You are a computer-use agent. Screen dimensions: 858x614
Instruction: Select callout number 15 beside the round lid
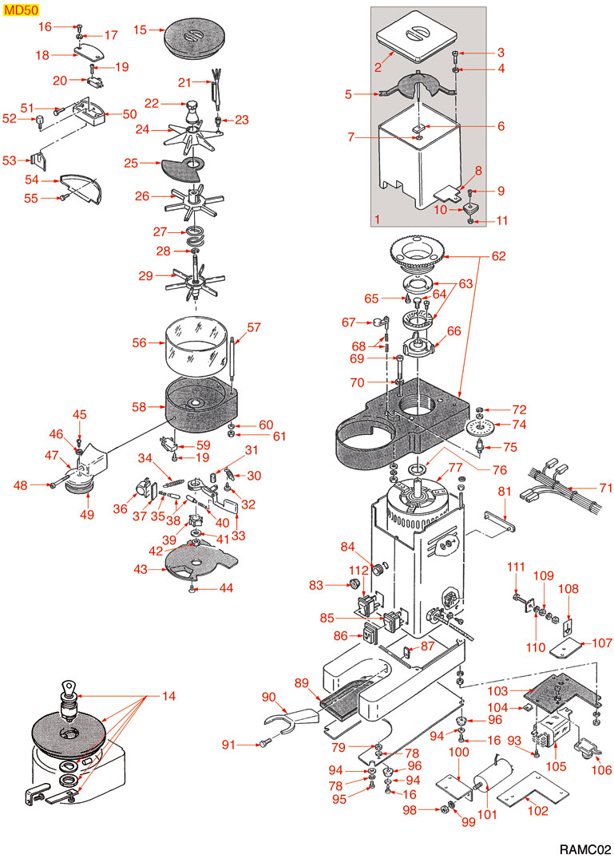pyautogui.click(x=140, y=30)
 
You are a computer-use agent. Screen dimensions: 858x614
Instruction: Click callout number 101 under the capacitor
pyautogui.click(x=486, y=815)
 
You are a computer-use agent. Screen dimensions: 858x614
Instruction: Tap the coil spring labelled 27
pyautogui.click(x=194, y=237)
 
